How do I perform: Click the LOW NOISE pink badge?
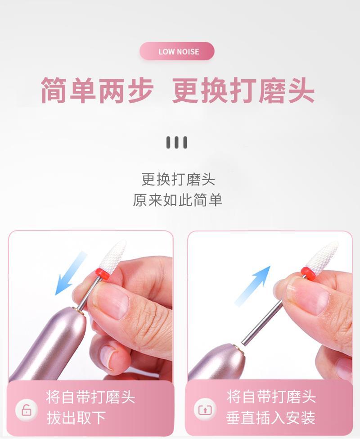177,51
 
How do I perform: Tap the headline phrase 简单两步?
98,91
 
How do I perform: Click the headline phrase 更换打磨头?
243,91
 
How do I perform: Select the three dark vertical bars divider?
177,143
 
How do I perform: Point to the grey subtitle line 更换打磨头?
178,180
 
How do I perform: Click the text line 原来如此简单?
178,200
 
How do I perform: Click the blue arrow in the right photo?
252,285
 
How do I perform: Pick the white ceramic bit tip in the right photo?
322,255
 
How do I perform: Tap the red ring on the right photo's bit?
307,272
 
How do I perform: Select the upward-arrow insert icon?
206,410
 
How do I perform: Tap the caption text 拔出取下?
76,418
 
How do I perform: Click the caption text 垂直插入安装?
270,418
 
